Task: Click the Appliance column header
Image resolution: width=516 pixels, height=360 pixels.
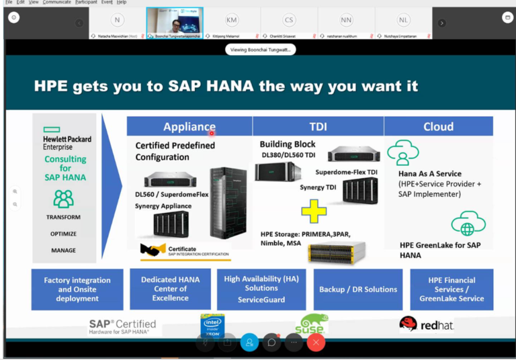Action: [189, 126]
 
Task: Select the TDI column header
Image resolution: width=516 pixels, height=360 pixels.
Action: [318, 126]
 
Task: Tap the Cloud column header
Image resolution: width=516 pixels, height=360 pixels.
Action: [438, 126]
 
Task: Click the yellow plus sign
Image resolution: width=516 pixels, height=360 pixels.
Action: [313, 211]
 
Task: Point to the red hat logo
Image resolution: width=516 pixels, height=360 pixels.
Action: [426, 325]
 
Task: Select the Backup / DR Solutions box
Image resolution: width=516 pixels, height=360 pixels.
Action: [358, 289]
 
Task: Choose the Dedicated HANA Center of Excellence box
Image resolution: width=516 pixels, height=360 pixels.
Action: [170, 289]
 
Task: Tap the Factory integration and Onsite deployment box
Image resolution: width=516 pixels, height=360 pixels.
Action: [77, 289]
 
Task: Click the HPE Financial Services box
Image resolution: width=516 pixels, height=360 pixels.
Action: [451, 289]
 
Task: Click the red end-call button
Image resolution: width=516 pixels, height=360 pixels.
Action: [316, 342]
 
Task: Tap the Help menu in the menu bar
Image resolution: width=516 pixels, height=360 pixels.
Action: [122, 3]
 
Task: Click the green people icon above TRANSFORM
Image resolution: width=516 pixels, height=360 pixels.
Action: [64, 199]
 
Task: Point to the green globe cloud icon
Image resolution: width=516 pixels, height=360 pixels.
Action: [464, 223]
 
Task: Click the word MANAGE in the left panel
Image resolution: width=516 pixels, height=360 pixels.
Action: [64, 251]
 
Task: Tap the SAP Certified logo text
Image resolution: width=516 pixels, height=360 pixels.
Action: [123, 326]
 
